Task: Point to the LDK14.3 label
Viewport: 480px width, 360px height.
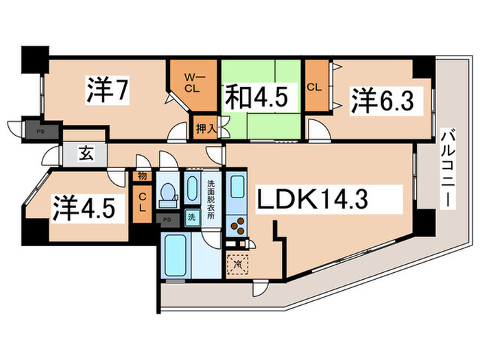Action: (313, 200)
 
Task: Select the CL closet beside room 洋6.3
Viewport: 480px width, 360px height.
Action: (315, 88)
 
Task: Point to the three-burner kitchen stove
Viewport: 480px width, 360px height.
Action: (238, 226)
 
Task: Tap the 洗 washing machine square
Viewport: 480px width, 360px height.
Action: (191, 217)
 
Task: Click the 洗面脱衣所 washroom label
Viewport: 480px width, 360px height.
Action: (211, 199)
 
